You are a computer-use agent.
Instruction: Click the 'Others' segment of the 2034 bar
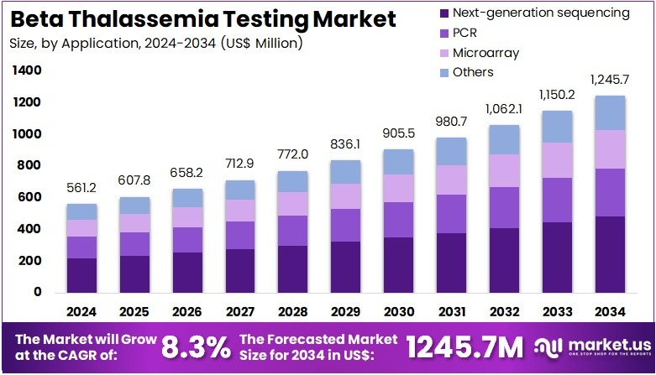click(610, 112)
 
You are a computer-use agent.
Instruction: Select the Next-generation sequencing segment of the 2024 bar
click(81, 275)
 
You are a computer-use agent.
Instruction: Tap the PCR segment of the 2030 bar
click(399, 220)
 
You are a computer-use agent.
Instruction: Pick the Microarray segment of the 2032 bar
click(505, 170)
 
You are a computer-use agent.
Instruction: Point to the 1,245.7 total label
click(610, 81)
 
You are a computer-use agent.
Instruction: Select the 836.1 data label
click(346, 144)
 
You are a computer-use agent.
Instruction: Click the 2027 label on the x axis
click(240, 311)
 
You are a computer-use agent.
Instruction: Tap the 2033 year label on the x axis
click(557, 311)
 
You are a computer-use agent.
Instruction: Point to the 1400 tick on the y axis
click(28, 71)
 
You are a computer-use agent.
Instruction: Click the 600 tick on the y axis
click(31, 197)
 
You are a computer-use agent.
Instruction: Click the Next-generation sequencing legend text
click(541, 13)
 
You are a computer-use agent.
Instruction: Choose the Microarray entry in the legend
click(485, 53)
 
